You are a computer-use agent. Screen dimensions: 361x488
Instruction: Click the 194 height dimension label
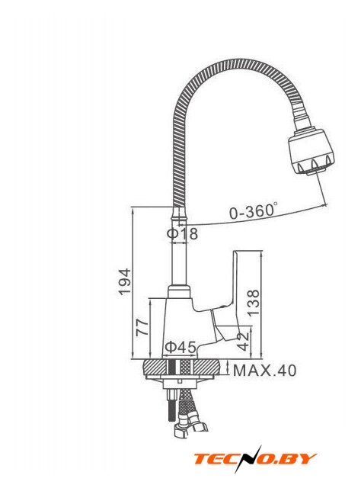pos(124,281)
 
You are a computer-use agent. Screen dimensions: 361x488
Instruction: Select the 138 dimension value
pos(254,302)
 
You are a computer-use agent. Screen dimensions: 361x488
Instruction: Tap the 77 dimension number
pos(142,327)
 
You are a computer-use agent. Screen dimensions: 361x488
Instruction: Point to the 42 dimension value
pos(243,341)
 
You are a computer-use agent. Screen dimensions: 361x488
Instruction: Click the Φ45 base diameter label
pos(180,347)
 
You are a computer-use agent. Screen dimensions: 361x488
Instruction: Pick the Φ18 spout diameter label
pos(182,233)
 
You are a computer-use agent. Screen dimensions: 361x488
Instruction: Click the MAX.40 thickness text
pos(264,371)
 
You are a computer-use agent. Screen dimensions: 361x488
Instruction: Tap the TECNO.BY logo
pos(255,459)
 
